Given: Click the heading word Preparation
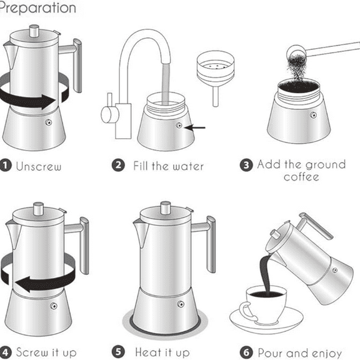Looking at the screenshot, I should coord(37,8).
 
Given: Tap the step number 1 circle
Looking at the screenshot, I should coord(6,167).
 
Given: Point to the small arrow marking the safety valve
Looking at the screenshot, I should coord(196,127).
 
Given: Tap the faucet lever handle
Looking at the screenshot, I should coord(107,113).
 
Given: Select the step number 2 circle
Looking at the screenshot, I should coord(118,166).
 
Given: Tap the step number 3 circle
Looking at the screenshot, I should coord(247,166).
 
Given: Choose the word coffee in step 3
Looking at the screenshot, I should coord(301,177).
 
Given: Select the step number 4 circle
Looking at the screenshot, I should coord(6,352).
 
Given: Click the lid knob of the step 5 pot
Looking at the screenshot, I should coord(166,207).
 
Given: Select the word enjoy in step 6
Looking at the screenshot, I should coord(327,353).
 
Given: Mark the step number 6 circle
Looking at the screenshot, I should coord(247,352).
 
